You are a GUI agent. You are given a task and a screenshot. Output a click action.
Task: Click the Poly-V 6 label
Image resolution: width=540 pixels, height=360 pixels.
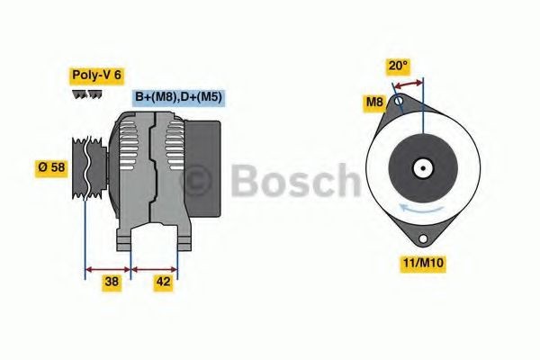pos(95,76)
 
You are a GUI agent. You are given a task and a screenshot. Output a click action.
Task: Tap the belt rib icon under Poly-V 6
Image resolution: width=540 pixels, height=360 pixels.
pos(86,94)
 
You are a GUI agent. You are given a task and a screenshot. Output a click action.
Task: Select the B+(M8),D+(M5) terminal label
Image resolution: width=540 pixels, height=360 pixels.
pos(178,97)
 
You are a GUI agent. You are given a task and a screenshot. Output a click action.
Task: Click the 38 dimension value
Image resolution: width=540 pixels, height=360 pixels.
pos(112,281)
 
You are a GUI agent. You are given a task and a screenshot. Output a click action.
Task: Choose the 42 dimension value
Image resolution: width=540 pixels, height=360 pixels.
pos(163,281)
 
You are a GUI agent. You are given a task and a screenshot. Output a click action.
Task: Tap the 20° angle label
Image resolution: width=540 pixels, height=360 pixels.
pos(397,65)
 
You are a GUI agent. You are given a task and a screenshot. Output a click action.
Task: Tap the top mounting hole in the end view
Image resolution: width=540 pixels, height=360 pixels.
pos(399,102)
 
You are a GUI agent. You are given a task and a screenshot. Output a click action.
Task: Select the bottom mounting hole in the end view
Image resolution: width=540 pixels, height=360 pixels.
pos(422,239)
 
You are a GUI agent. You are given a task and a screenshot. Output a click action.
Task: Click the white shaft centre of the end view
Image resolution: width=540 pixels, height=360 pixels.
pos(421,167)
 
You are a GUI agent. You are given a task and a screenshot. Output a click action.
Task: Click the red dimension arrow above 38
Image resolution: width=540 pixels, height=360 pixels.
pos(107,267)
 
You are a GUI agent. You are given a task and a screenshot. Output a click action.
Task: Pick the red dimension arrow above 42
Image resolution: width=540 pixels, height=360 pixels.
pos(155,267)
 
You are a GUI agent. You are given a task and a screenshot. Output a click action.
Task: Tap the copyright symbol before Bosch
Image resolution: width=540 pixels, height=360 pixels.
pos(197,180)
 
